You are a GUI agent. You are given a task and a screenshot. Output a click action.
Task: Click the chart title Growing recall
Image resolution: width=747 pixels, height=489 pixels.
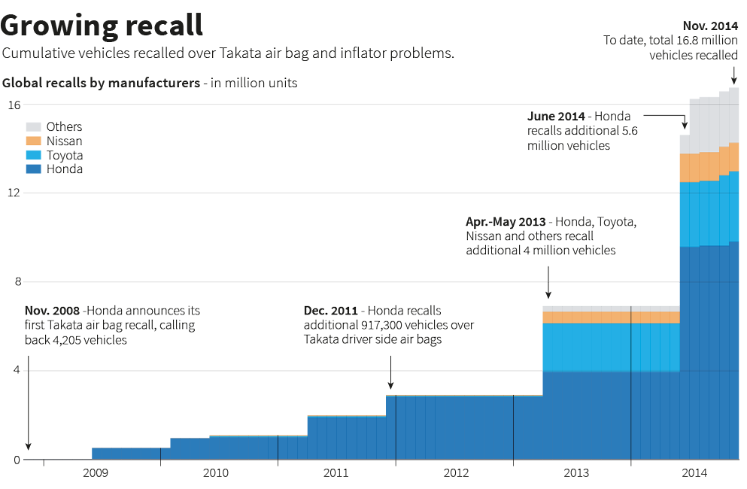(x=102, y=25)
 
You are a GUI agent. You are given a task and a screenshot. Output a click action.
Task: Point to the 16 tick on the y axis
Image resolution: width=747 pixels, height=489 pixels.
(x=14, y=105)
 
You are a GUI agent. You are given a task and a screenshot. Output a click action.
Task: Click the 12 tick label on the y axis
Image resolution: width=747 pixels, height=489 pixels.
(x=14, y=193)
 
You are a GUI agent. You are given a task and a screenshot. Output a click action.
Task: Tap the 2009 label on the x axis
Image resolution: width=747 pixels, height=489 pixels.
(x=96, y=473)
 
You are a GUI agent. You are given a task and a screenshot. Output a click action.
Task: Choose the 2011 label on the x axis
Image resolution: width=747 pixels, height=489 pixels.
(x=336, y=473)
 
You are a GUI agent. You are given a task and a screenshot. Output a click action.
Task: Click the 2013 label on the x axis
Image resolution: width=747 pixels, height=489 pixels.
(x=576, y=473)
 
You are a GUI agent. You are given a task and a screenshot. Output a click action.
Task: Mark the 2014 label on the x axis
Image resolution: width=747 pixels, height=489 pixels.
(x=694, y=473)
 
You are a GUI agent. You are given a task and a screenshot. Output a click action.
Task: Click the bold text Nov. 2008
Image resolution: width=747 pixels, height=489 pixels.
(x=52, y=311)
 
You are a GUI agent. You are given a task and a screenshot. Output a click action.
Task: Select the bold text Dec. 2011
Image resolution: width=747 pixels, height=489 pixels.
(x=330, y=311)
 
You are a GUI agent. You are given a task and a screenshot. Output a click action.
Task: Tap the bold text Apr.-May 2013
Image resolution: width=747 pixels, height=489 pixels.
(x=506, y=222)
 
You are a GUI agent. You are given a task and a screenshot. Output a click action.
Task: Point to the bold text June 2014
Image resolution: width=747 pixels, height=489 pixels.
(x=557, y=117)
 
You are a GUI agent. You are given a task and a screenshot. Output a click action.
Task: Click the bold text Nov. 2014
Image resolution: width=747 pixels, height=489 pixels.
(x=710, y=26)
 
